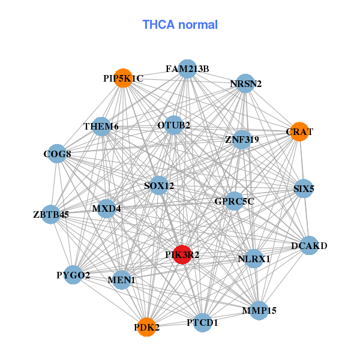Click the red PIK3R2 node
pos(182,254)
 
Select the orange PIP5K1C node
pos(123,78)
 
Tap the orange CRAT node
pos(299,131)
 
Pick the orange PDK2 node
pos(146,327)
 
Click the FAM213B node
pos(187,68)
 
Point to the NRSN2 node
pos(245,84)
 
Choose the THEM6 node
pos(101,127)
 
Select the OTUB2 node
pos(174,125)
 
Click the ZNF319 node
pos(242,140)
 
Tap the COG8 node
pos(57,154)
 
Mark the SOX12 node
pos(159,186)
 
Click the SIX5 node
pos(304,188)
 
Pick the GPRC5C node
pos(234,201)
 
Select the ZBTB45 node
pos(51,214)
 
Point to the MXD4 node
pos(106,209)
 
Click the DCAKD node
pos(309,245)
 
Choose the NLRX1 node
pos(254,259)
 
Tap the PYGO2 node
pos(73,275)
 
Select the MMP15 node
pos(259,310)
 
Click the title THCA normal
pos(180,25)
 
